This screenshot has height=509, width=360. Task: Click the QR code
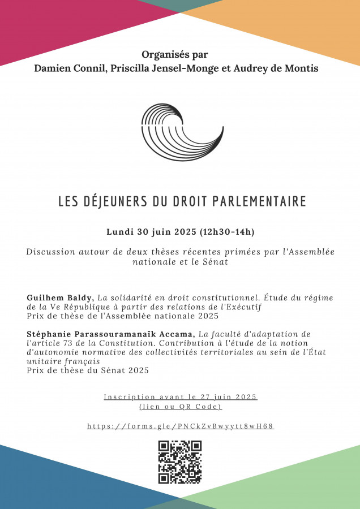[x=180, y=462]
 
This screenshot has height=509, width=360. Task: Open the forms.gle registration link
[x=181, y=426]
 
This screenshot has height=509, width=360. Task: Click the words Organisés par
[x=175, y=55]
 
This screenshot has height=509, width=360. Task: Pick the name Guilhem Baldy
[x=60, y=297]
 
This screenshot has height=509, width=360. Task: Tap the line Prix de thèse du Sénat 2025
[x=88, y=370]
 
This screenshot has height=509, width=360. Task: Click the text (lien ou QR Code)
[x=181, y=407]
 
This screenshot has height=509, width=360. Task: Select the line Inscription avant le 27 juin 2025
[x=181, y=397]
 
